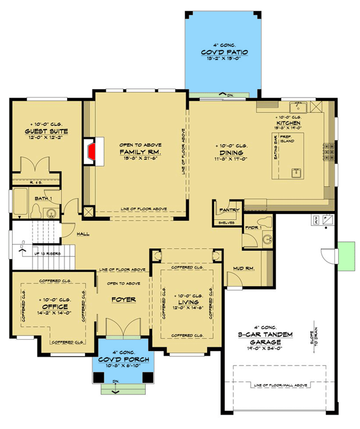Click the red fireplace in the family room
tap(91, 151)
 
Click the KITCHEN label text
tap(288, 123)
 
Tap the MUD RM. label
tap(243, 269)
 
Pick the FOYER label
tap(124, 299)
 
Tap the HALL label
tap(83, 234)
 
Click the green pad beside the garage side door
tap(347, 258)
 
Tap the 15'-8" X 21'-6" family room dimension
tap(140, 159)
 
